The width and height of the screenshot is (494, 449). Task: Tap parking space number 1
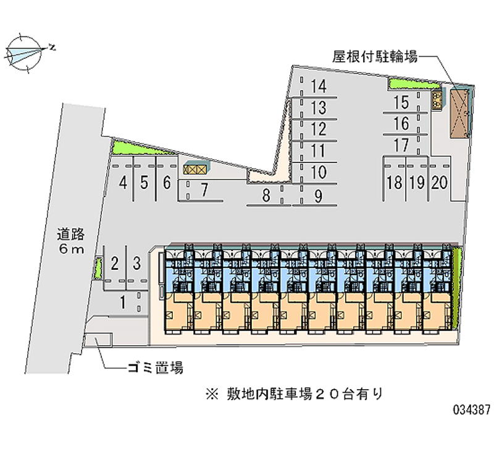point(124,302)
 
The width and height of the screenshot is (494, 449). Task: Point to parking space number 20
point(440,182)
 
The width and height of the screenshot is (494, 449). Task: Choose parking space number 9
point(318,196)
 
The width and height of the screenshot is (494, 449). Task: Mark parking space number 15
point(401,103)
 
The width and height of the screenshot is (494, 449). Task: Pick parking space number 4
point(124,182)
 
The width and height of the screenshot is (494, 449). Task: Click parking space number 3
point(136,262)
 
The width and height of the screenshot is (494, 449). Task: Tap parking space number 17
point(401,146)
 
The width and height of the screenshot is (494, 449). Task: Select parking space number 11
point(318,150)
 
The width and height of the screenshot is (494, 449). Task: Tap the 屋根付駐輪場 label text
point(375,57)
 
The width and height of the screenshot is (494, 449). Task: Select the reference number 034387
point(470,409)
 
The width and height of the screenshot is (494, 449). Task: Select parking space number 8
point(266,196)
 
